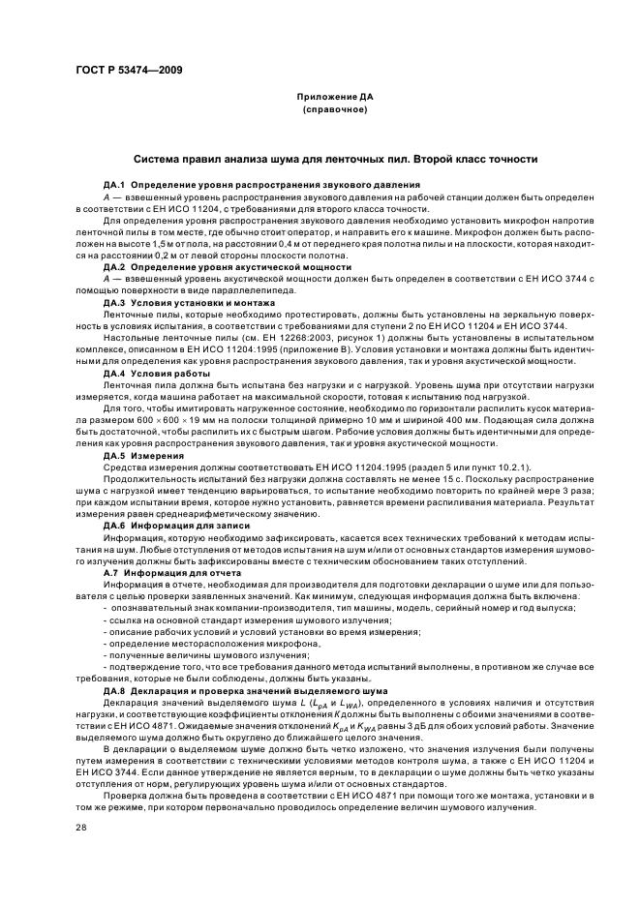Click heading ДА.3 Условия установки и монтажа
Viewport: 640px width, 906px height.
tap(179, 303)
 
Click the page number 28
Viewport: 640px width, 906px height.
tap(81, 828)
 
